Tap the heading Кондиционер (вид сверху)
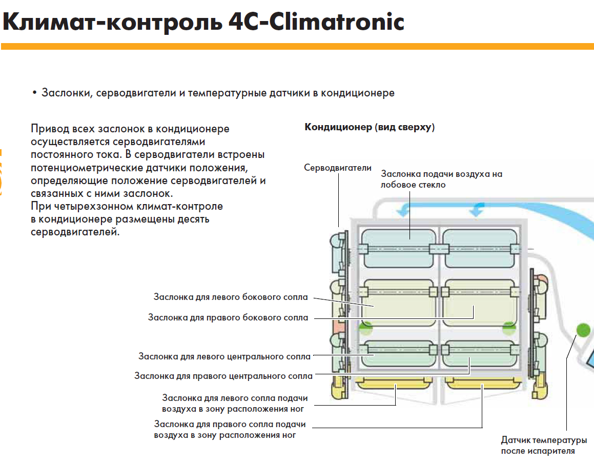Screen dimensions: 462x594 [370, 127]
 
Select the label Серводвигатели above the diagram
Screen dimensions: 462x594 [337, 168]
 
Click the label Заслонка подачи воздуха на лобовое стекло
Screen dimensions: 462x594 [441, 179]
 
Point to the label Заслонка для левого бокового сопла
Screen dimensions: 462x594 [231, 297]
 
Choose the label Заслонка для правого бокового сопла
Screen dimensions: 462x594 [228, 317]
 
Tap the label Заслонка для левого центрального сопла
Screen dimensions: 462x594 [224, 356]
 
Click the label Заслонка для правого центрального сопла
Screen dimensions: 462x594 [223, 376]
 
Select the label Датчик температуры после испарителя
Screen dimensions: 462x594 [544, 446]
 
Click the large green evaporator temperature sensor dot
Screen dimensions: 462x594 [583, 329]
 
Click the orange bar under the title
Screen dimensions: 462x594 [297, 47]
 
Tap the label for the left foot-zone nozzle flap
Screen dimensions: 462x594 [235, 403]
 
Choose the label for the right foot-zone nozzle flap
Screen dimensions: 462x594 [230, 430]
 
